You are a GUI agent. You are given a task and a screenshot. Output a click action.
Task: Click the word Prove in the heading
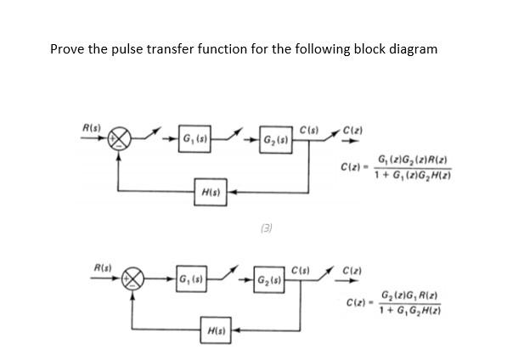66,48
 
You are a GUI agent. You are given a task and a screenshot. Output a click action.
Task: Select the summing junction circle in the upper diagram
124,139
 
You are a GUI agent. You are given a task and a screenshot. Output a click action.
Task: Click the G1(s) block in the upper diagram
195,138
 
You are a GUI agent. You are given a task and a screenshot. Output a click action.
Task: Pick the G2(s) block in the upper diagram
277,138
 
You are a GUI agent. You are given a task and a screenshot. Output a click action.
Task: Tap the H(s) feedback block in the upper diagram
207,192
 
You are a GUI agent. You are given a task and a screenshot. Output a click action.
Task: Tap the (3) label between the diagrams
267,228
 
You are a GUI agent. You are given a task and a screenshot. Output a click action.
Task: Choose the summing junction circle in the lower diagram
133,280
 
